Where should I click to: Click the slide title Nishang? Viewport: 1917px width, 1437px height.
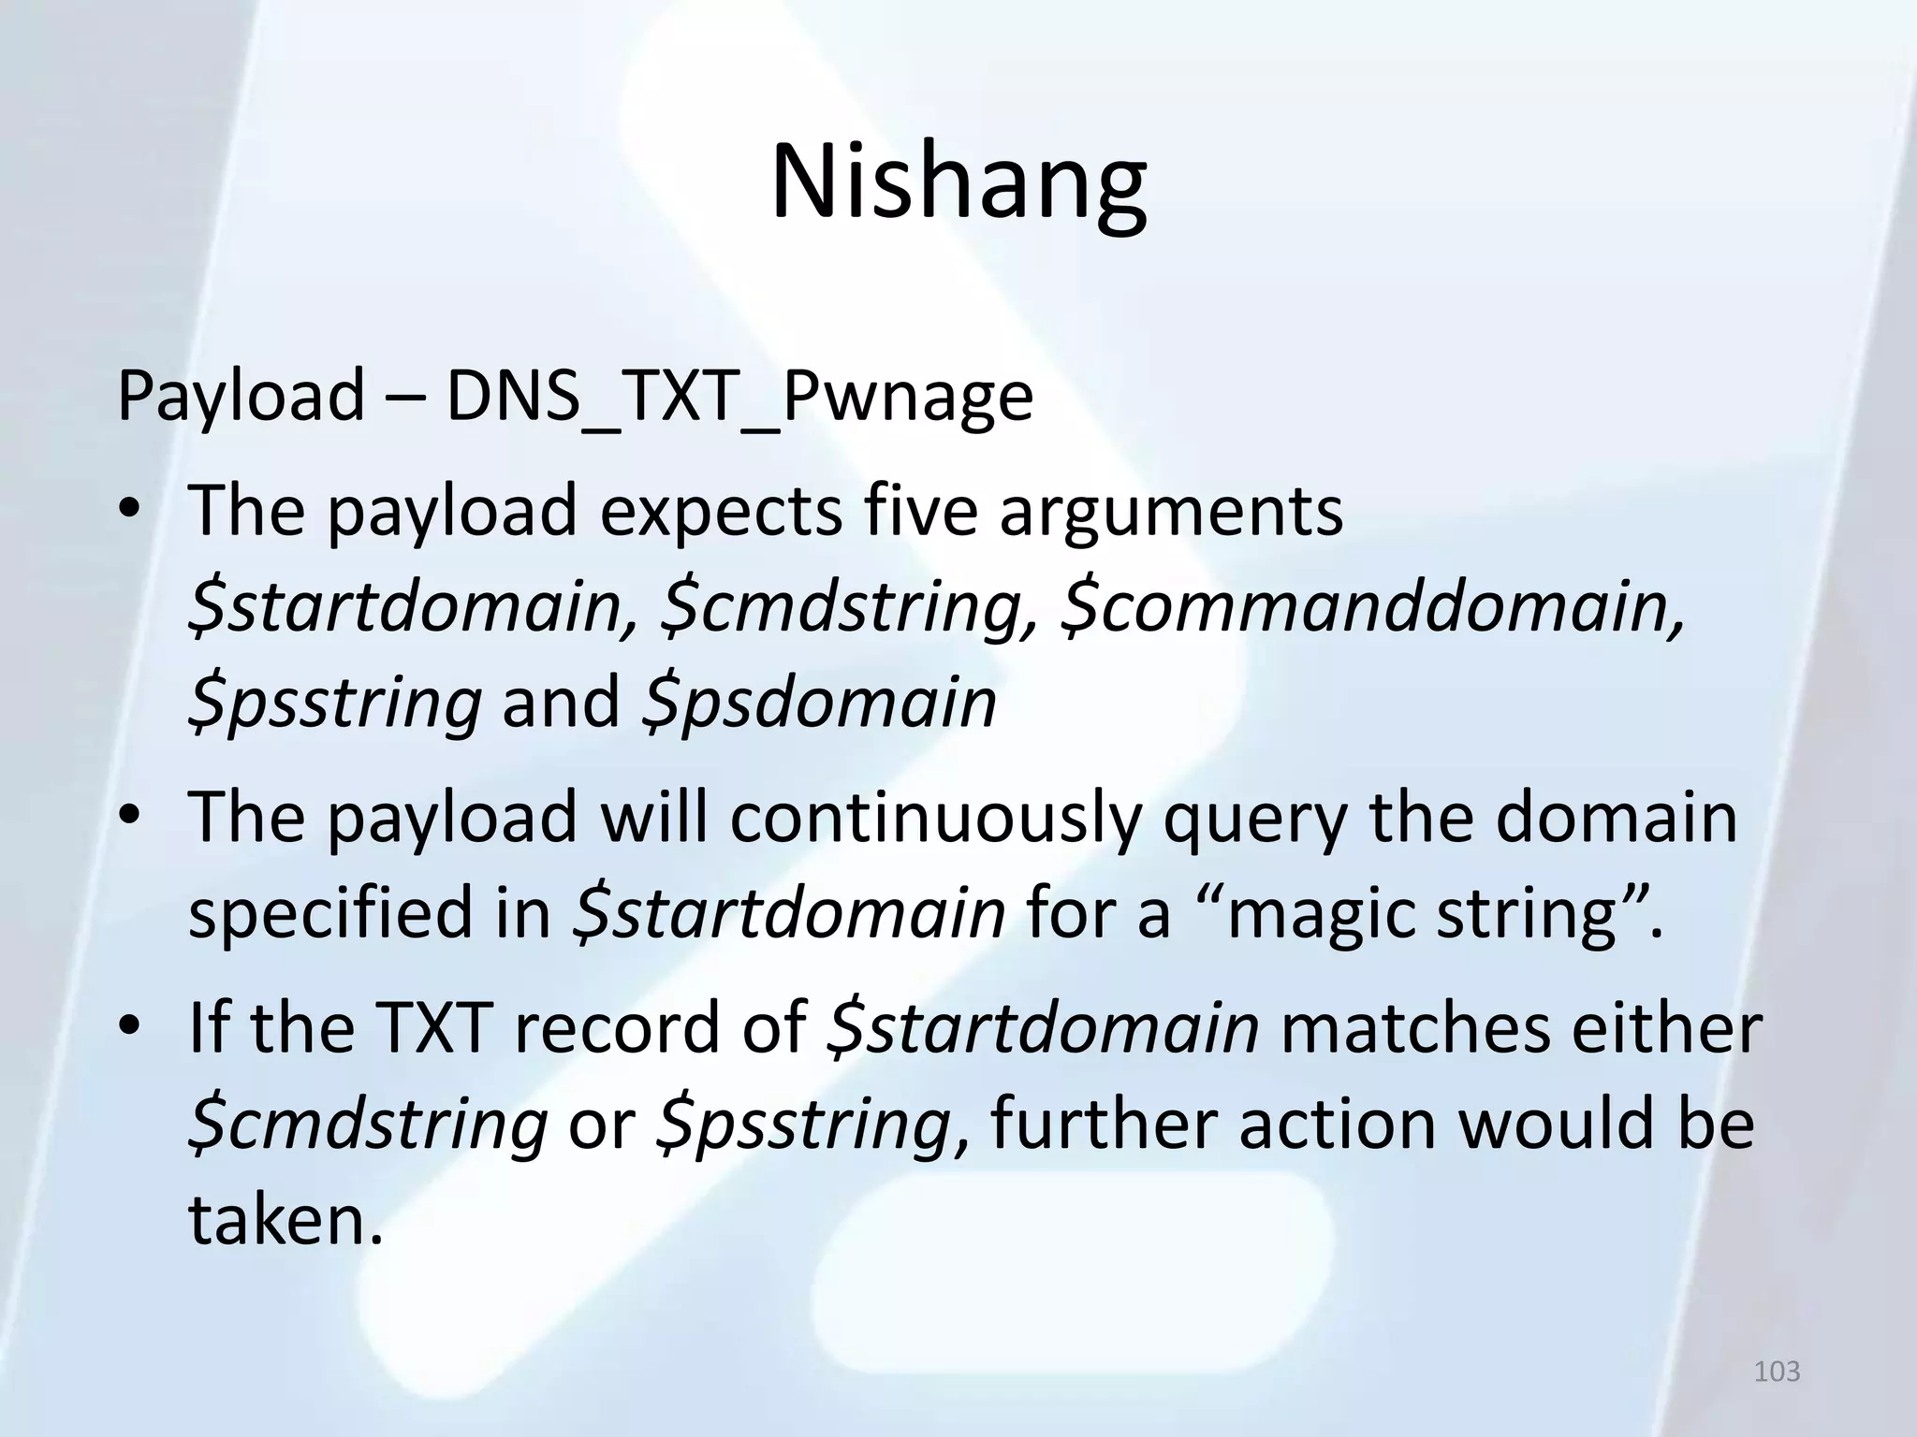958,182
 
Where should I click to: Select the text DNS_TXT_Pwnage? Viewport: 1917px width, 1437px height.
739,397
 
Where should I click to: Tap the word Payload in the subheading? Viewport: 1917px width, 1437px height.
240,397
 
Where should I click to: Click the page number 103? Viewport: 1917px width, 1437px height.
1777,1372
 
